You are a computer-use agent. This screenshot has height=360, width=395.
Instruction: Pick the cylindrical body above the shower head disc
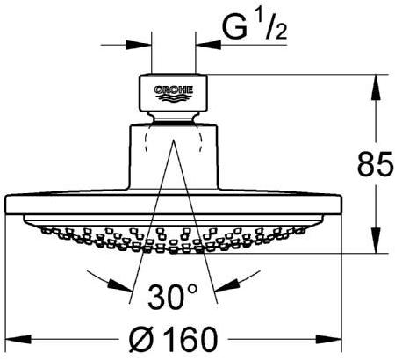click(x=173, y=158)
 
